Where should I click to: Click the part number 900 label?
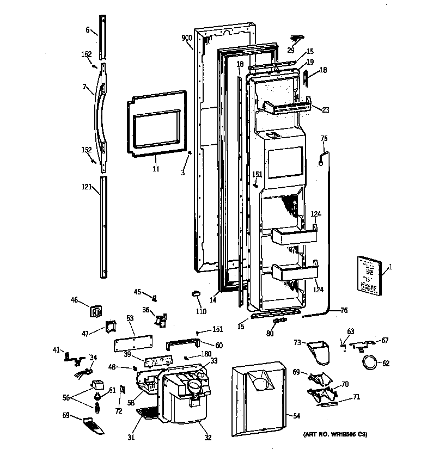point(186,38)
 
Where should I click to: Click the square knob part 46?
point(96,312)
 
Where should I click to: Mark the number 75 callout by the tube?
point(324,139)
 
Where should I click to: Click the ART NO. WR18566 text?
point(335,434)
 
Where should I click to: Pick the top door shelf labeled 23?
point(288,107)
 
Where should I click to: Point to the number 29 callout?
point(290,50)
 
